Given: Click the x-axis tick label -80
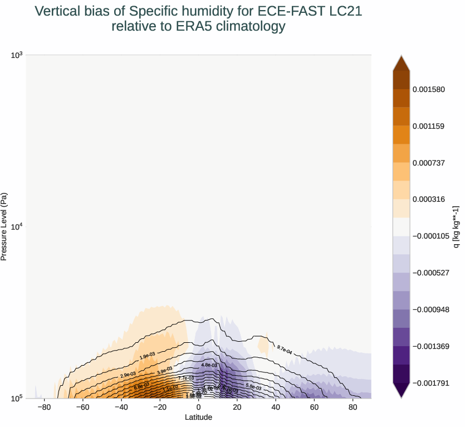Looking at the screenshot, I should point(44,407).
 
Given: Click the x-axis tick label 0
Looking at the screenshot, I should point(199,407).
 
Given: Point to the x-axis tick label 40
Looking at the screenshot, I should point(276,407).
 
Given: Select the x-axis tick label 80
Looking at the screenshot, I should point(353,407).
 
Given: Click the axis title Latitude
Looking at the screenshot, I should point(199,417).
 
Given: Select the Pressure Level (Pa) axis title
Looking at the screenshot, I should point(4,226).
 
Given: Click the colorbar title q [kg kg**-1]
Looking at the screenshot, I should point(456,226).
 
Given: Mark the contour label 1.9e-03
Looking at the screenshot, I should point(148,356).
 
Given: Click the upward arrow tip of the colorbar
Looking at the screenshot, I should point(402,56).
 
